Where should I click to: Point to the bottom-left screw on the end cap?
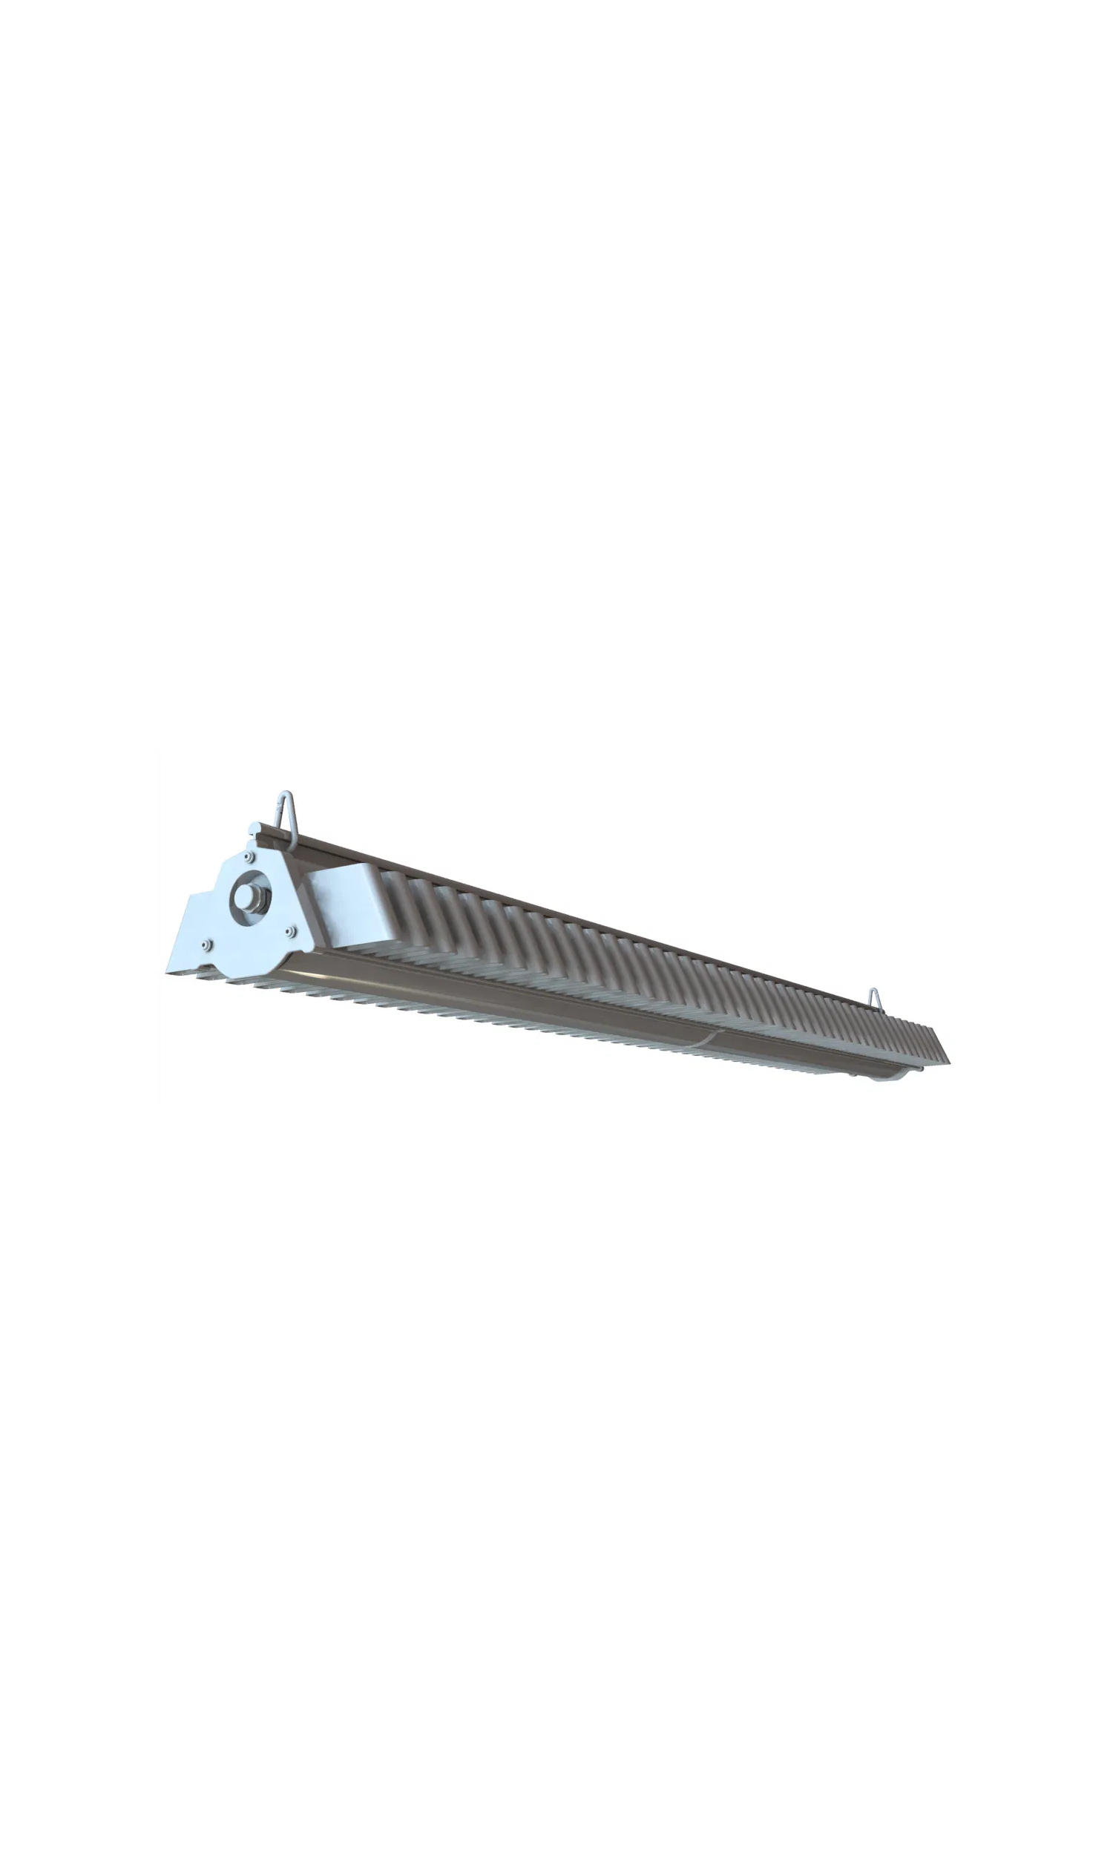click(206, 945)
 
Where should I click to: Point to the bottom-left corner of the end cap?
click(168, 973)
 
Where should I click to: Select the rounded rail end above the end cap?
click(255, 830)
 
